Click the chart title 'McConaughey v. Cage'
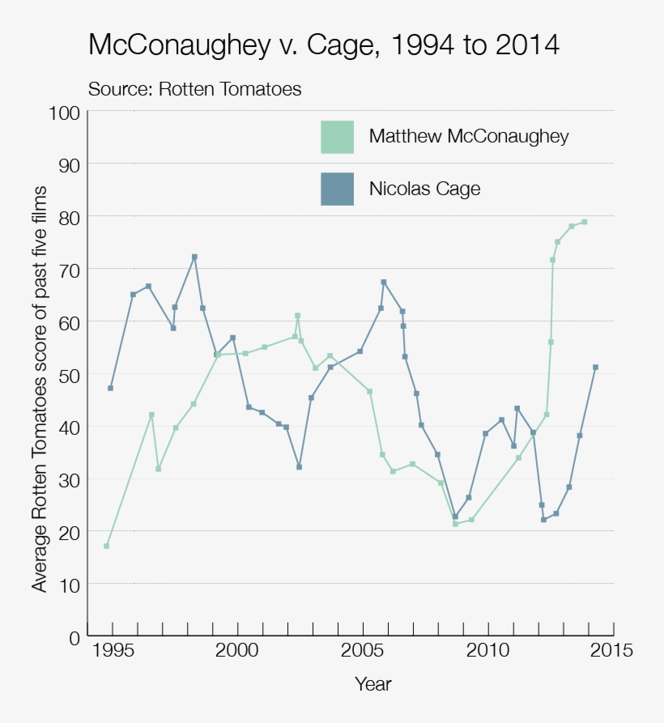(323, 45)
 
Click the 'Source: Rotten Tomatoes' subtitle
(194, 89)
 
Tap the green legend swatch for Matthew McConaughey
(337, 136)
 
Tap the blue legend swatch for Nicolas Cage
(337, 189)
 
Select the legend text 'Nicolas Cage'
(424, 189)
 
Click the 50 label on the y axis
(68, 374)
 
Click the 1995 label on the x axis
(112, 651)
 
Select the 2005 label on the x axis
(362, 651)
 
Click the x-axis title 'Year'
(372, 684)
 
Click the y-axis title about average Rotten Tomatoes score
(40, 389)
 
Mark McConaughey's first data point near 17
(107, 546)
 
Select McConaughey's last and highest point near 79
(584, 222)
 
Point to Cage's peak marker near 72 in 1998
(194, 257)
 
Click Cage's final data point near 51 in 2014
(595, 367)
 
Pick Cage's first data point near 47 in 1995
(110, 388)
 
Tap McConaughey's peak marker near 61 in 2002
(297, 316)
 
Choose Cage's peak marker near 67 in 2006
(384, 282)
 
